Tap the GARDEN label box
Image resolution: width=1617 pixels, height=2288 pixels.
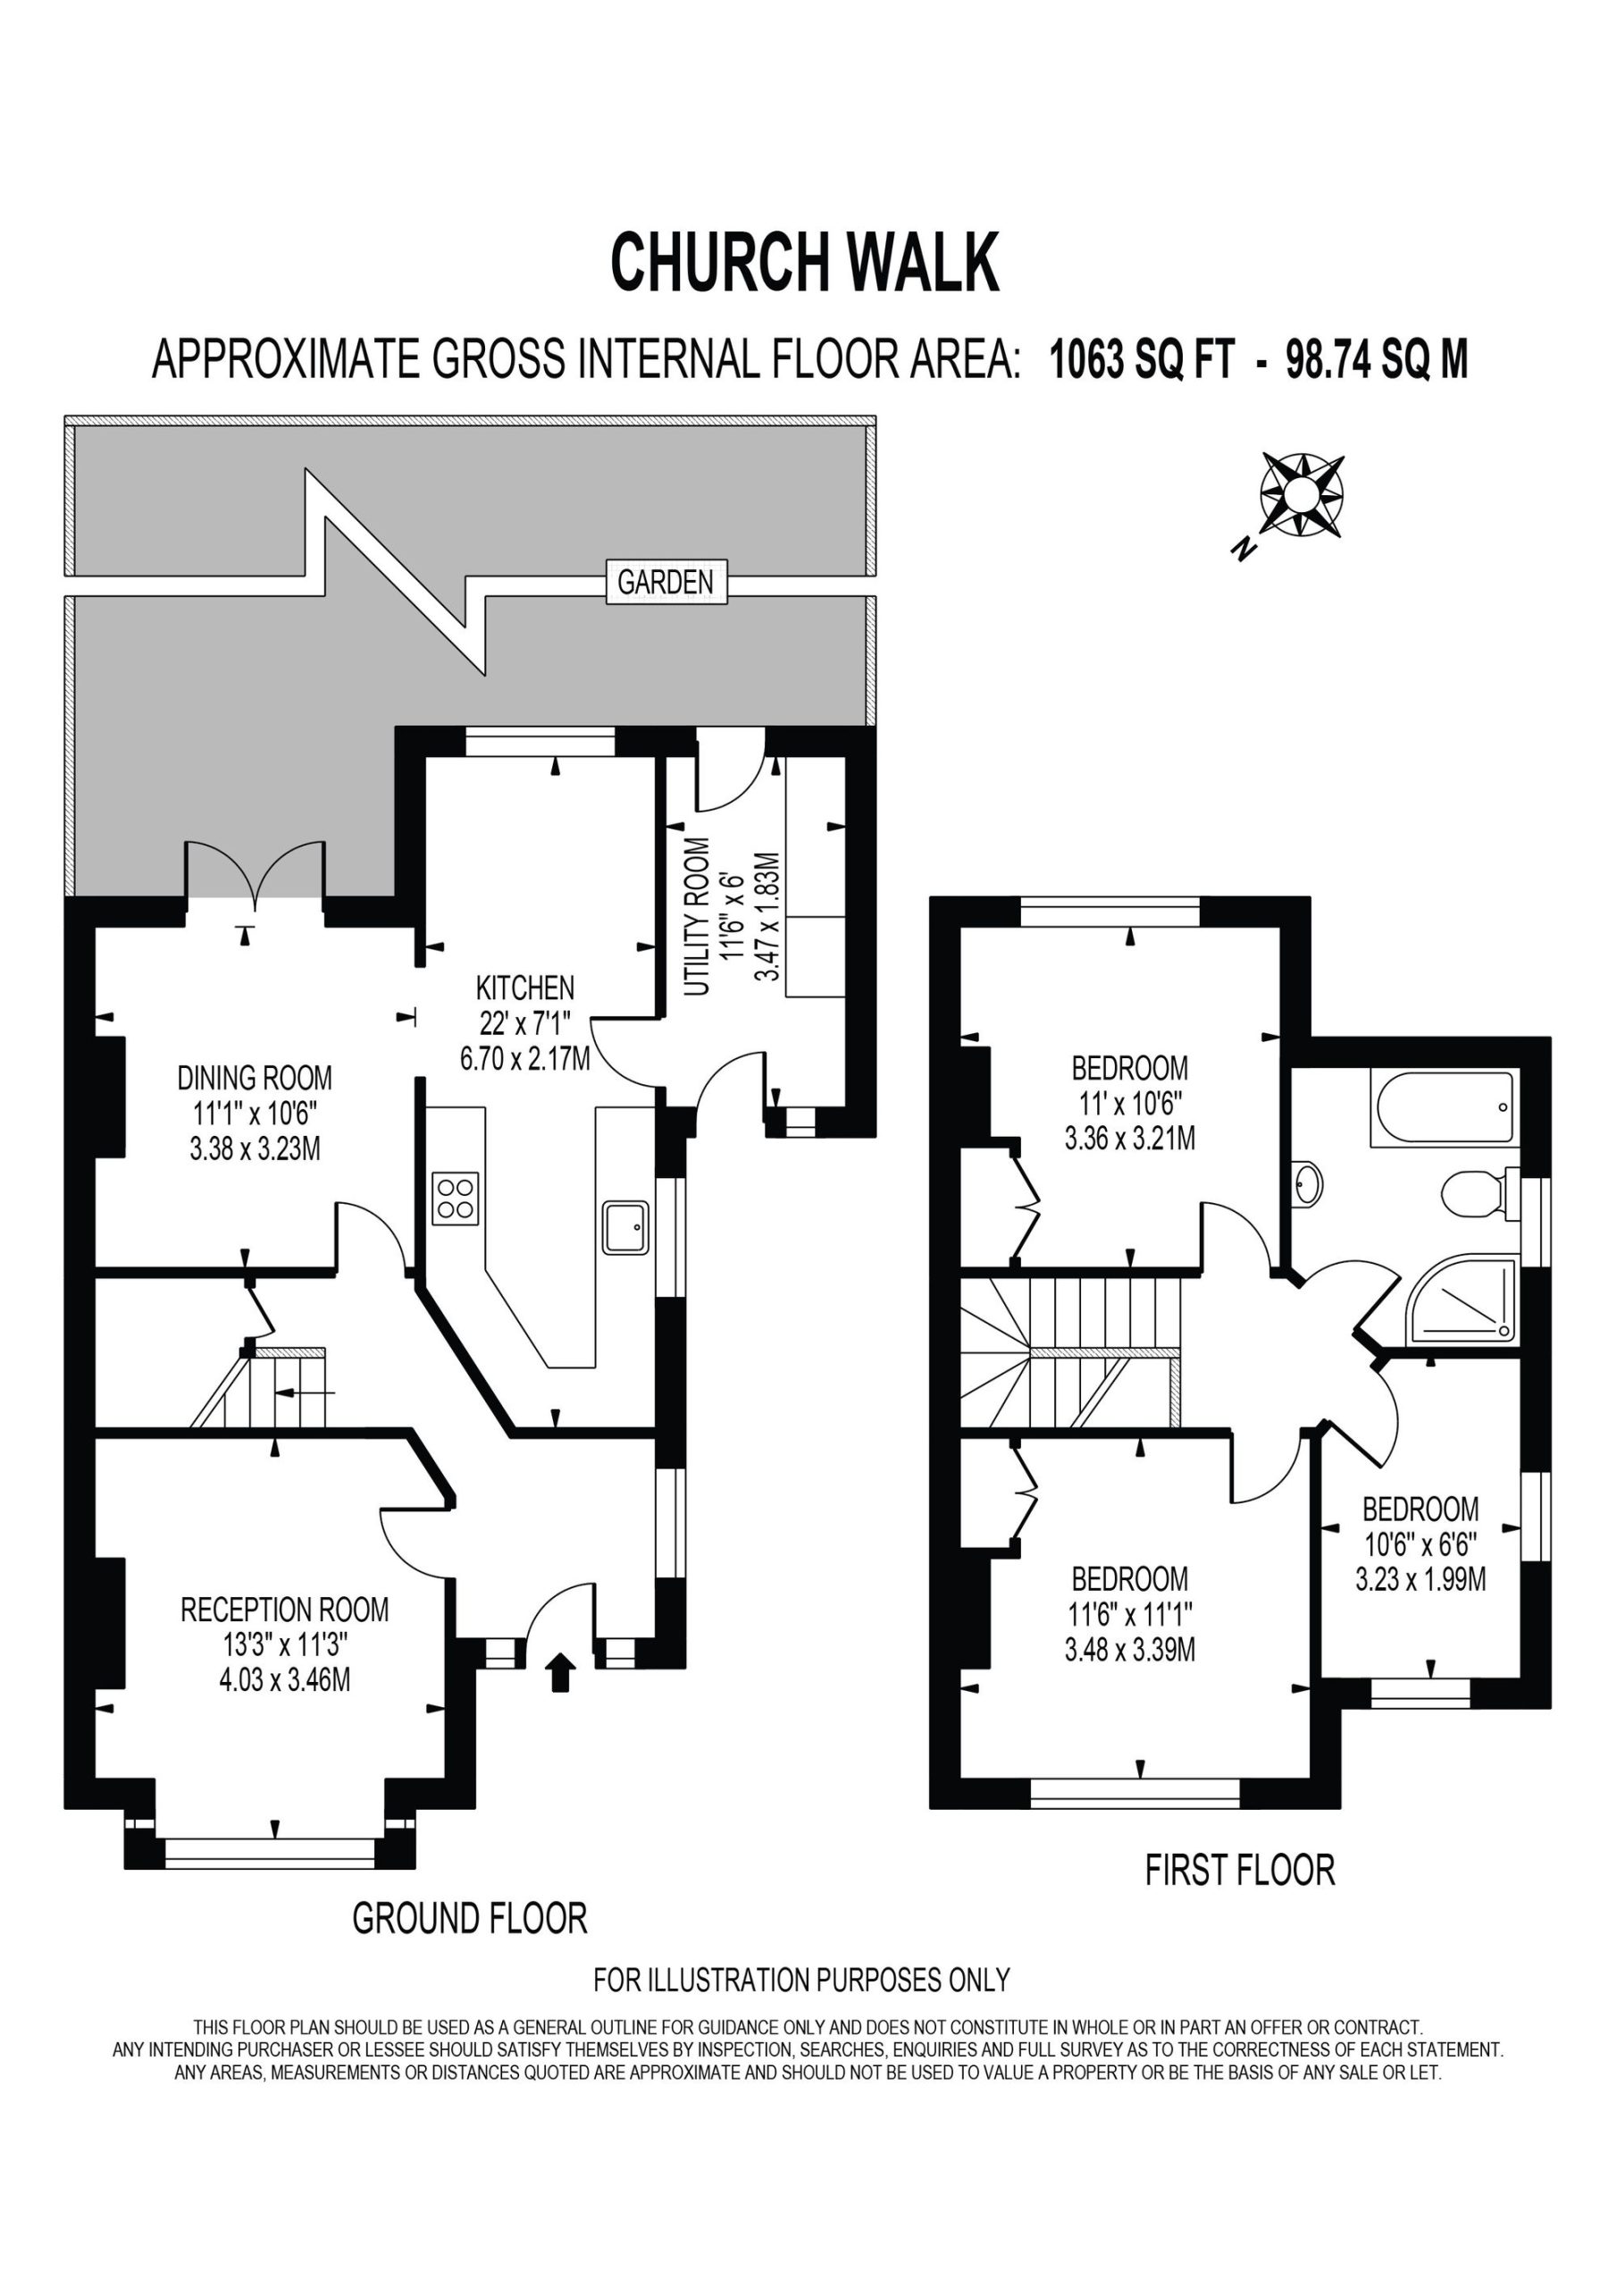pyautogui.click(x=666, y=582)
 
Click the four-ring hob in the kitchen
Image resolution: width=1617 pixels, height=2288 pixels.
pyautogui.click(x=456, y=1199)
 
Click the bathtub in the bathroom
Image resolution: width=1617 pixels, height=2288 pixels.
pyautogui.click(x=1445, y=1108)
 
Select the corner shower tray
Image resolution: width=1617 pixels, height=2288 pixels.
pyautogui.click(x=1462, y=1300)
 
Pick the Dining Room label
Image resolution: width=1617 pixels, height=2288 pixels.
pyautogui.click(x=255, y=1077)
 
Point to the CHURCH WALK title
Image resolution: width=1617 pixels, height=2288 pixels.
pyautogui.click(x=804, y=262)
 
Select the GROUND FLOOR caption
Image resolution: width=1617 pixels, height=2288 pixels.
pyautogui.click(x=470, y=1918)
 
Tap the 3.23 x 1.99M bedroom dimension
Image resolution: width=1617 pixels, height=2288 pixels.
pyautogui.click(x=1420, y=1579)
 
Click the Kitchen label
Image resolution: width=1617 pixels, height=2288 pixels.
pyautogui.click(x=525, y=988)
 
